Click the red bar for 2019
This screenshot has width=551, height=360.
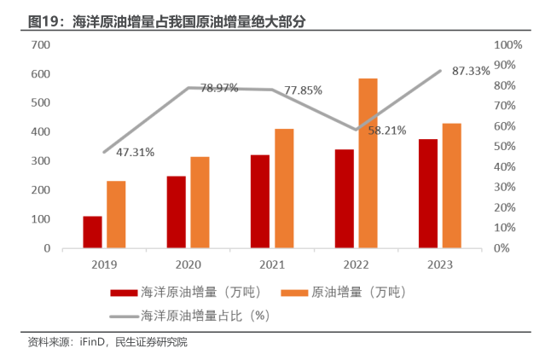pyautogui.click(x=92, y=232)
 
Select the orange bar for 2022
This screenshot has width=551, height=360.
pyautogui.click(x=368, y=163)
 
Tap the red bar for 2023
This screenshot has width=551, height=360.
pyautogui.click(x=428, y=194)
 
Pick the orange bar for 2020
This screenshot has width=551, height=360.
pyautogui.click(x=200, y=202)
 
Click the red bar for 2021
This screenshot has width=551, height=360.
pyautogui.click(x=260, y=201)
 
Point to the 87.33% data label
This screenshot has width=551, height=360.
pyautogui.click(x=471, y=71)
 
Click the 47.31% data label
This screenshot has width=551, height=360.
pyautogui.click(x=136, y=153)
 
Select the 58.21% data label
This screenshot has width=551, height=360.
pyautogui.click(x=386, y=131)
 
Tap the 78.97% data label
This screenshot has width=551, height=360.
pyautogui.click(x=219, y=89)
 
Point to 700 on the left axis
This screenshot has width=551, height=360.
pyautogui.click(x=41, y=44)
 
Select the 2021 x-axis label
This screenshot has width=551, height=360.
pyautogui.click(x=272, y=264)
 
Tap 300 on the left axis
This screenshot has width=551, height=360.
pyautogui.click(x=41, y=161)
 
